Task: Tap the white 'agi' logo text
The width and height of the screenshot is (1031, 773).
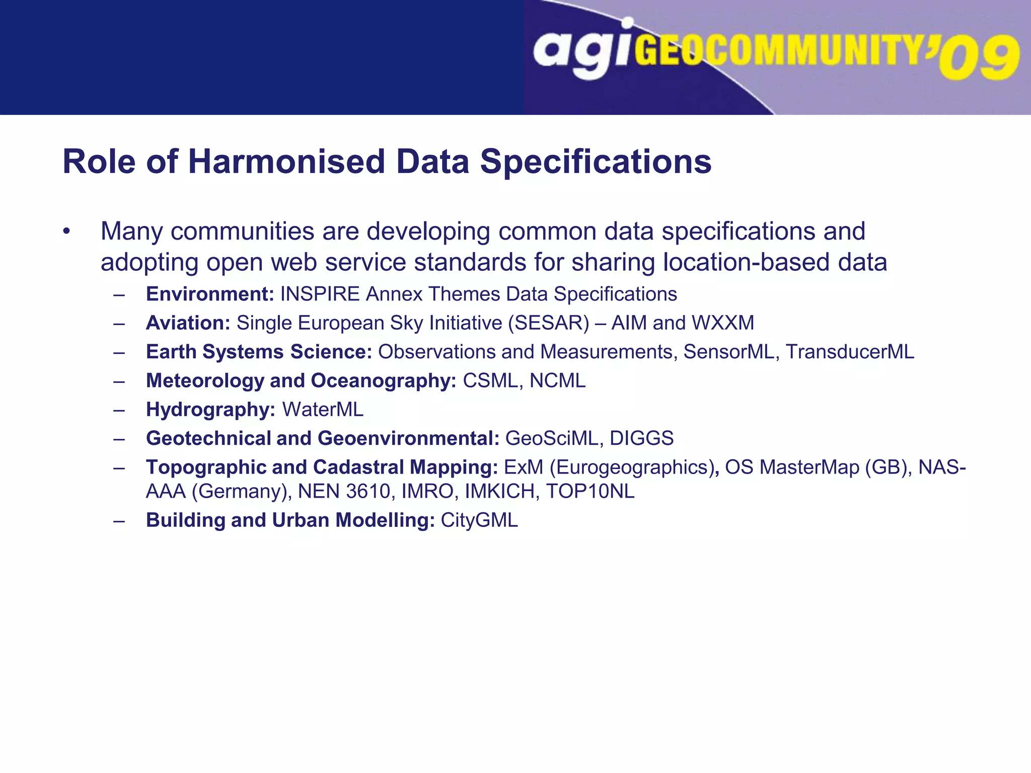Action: tap(582, 50)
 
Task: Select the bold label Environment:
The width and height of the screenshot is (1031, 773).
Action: tap(210, 294)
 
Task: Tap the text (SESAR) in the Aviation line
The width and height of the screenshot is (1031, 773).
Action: tap(549, 323)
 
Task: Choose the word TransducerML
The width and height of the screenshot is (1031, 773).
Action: tap(850, 352)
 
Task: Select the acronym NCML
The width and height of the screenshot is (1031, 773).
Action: tap(558, 381)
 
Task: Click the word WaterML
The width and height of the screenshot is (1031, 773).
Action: tap(323, 410)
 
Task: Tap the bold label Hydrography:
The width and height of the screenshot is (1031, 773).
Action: tap(210, 410)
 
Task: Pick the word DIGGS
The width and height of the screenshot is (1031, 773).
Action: tap(641, 438)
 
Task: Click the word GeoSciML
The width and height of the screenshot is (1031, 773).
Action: tap(551, 438)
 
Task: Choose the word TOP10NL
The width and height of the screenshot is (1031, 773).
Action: tap(590, 492)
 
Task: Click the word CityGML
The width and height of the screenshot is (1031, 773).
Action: tap(479, 520)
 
